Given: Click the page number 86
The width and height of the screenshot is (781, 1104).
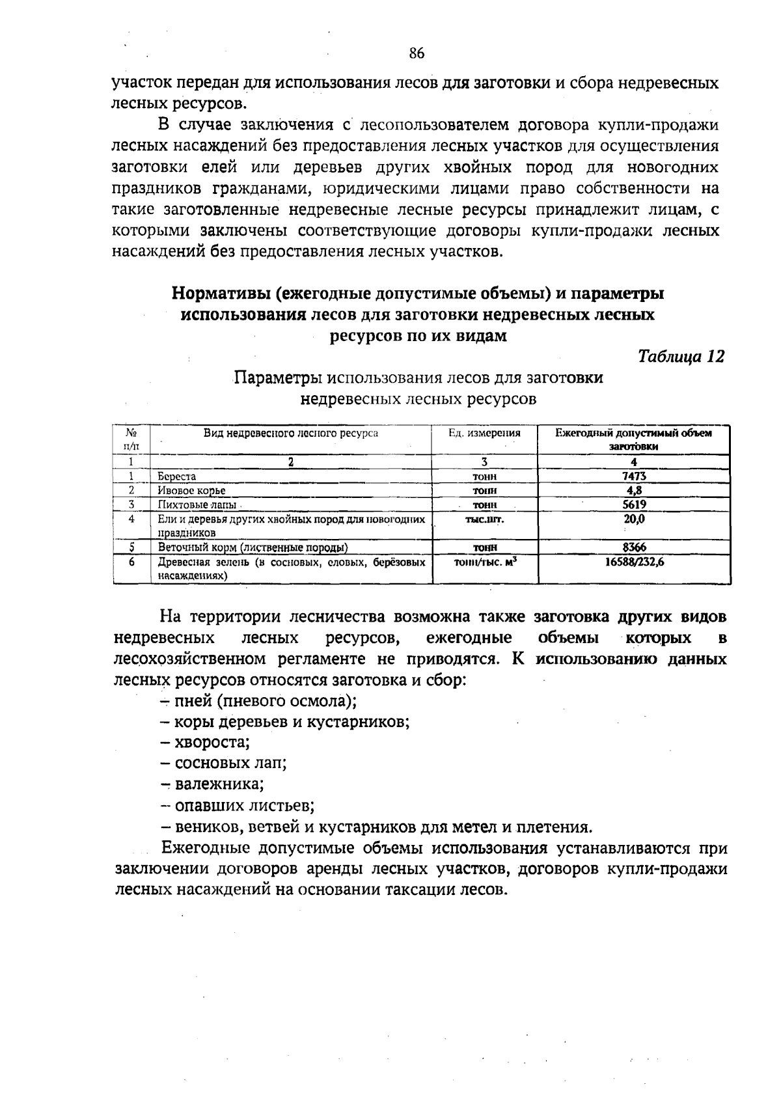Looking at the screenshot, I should click(417, 53).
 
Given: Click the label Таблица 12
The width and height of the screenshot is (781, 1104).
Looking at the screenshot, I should click(681, 357).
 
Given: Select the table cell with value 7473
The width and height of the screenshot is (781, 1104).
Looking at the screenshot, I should click(634, 476).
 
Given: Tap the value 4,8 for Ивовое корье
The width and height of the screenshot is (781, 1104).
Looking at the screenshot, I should click(634, 490).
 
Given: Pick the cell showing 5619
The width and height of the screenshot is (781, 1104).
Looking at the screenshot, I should click(634, 504).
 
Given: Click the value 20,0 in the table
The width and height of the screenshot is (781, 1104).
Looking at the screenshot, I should click(634, 519).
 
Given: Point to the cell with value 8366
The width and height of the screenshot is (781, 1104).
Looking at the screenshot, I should click(634, 547).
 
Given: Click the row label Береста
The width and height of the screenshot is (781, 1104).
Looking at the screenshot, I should click(176, 476).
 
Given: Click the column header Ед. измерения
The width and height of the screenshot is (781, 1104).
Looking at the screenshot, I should click(484, 433).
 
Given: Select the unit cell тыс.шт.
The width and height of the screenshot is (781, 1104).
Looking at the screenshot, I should click(484, 519).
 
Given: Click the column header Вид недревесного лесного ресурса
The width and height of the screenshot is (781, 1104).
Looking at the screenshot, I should click(290, 433).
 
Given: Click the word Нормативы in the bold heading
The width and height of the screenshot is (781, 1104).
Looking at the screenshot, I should click(221, 294).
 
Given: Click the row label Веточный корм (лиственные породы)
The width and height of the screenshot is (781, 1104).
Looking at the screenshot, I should click(253, 547).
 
